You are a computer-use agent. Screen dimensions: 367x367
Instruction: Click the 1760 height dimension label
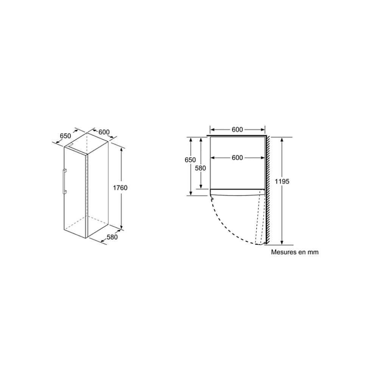[120, 188]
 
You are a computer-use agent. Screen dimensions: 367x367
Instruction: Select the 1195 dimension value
[282, 181]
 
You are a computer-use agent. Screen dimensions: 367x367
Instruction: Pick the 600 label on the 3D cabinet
[104, 132]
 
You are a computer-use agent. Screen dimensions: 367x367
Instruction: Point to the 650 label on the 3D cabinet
[65, 136]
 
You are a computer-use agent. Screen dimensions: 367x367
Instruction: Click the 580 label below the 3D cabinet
[112, 237]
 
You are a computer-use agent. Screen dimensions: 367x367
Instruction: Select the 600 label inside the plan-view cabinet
[237, 158]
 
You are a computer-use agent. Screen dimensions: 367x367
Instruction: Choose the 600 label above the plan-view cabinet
[237, 129]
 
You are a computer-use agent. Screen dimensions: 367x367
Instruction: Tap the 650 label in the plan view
[190, 160]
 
